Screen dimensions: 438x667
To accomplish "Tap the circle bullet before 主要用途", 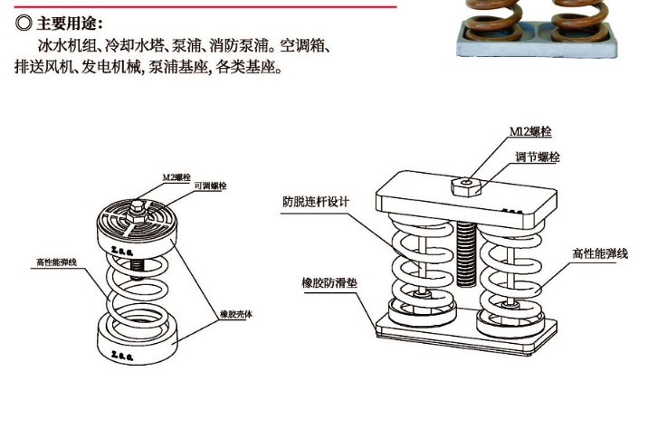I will [25, 23].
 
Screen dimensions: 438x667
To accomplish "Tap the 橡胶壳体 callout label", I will [236, 315].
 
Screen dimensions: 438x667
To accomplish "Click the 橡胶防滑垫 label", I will [329, 281].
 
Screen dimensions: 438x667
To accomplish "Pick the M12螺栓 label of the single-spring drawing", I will [176, 176].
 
